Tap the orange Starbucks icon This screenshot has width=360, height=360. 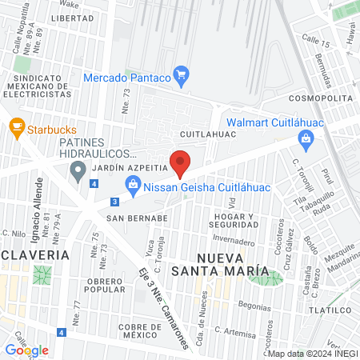click(15, 127)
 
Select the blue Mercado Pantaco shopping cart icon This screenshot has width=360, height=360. click(181, 78)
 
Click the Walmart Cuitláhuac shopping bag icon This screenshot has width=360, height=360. click(305, 139)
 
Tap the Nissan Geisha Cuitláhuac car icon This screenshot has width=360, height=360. click(134, 189)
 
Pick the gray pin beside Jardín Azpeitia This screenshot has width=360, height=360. click(78, 170)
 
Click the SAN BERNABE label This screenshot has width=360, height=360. click(137, 217)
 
